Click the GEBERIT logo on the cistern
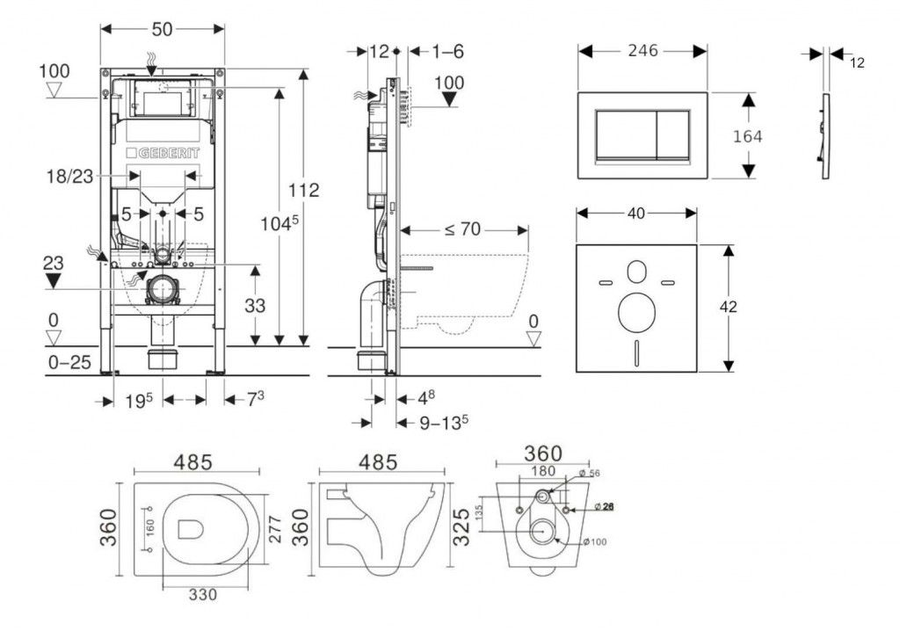click(168, 152)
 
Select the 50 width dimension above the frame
click(162, 29)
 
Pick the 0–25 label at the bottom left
click(68, 361)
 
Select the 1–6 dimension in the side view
click(447, 52)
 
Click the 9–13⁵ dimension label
click(442, 424)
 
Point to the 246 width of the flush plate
click(642, 52)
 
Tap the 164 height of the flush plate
click(747, 136)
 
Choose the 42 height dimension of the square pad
click(728, 307)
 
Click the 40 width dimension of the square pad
click(636, 212)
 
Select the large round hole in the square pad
click(635, 311)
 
